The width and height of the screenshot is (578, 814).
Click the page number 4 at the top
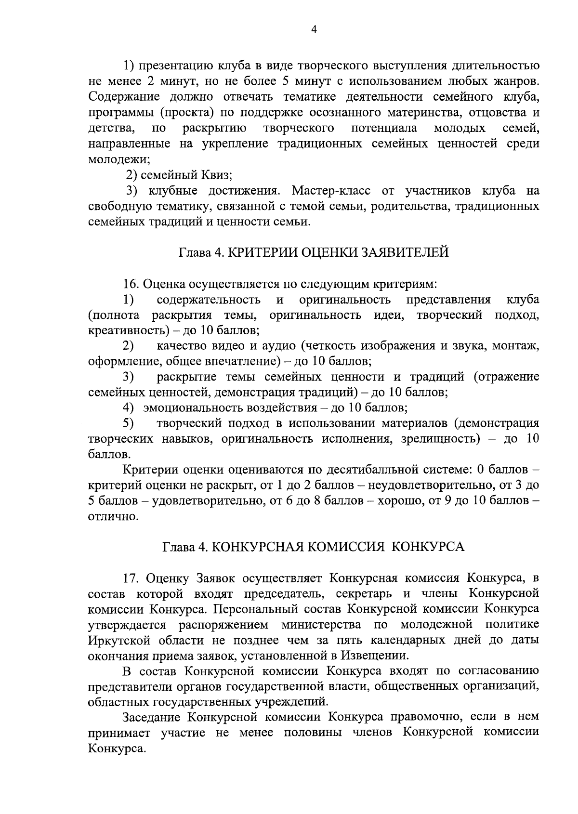pos(314,30)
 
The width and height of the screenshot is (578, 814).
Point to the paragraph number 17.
pos(131,578)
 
